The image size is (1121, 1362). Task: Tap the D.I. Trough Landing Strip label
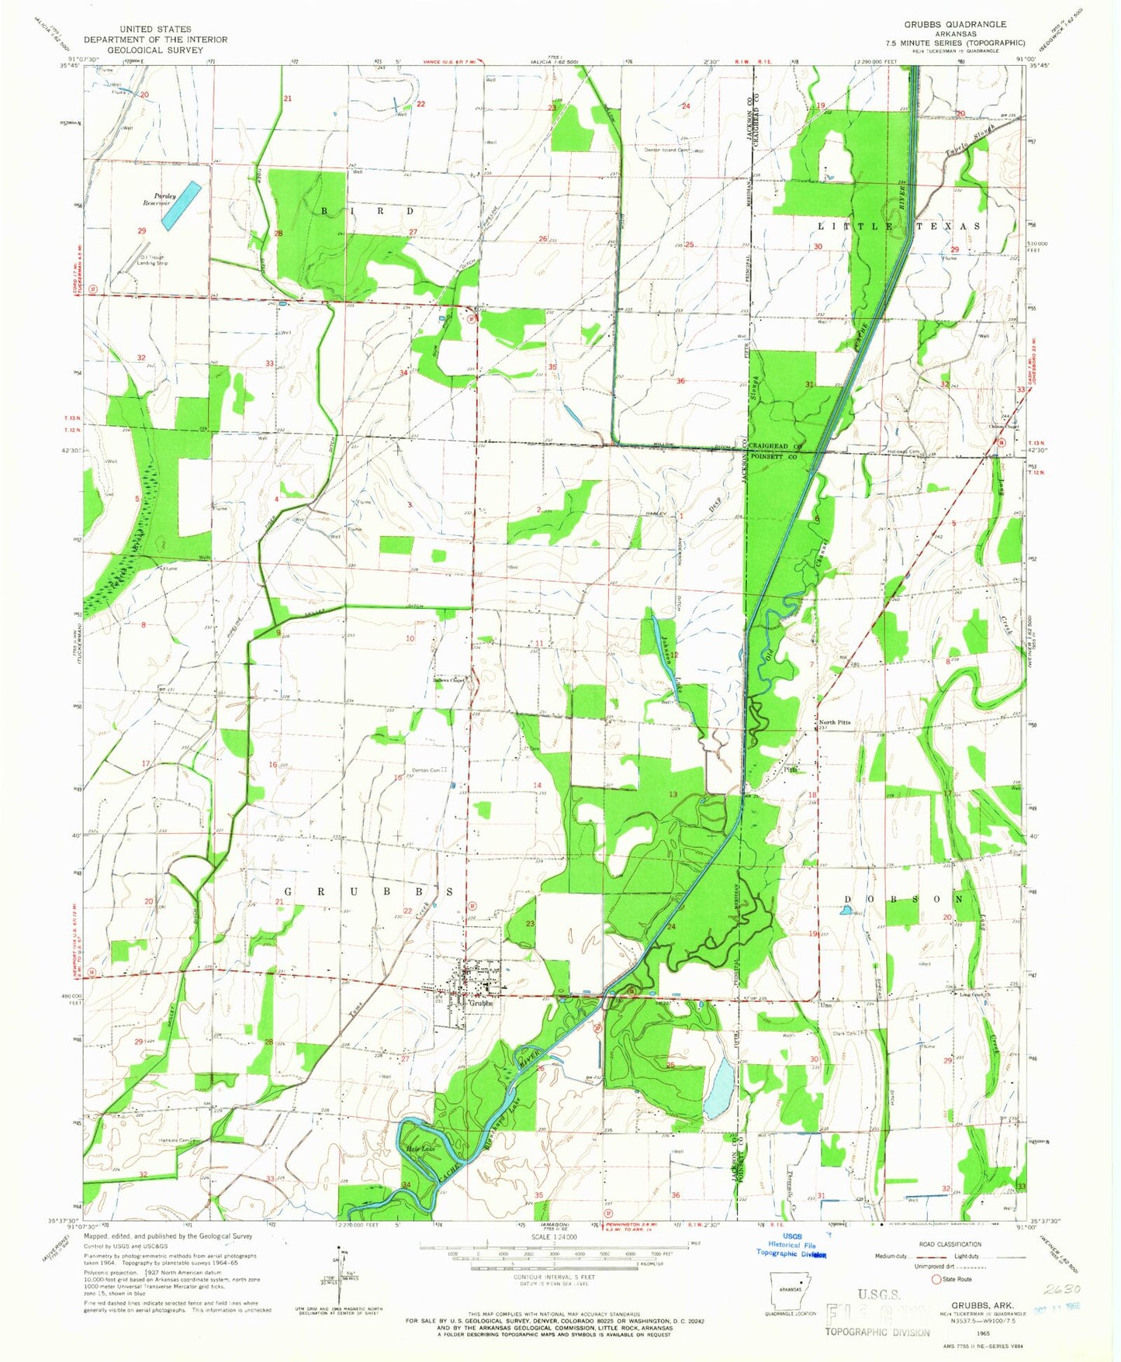tap(152, 261)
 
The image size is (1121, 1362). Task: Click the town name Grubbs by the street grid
tap(481, 1003)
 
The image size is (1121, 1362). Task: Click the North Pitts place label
tap(835, 722)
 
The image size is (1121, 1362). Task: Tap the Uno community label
tap(825, 1004)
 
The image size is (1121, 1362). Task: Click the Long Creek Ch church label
tap(976, 994)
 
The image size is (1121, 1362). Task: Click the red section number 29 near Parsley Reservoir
tap(142, 231)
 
